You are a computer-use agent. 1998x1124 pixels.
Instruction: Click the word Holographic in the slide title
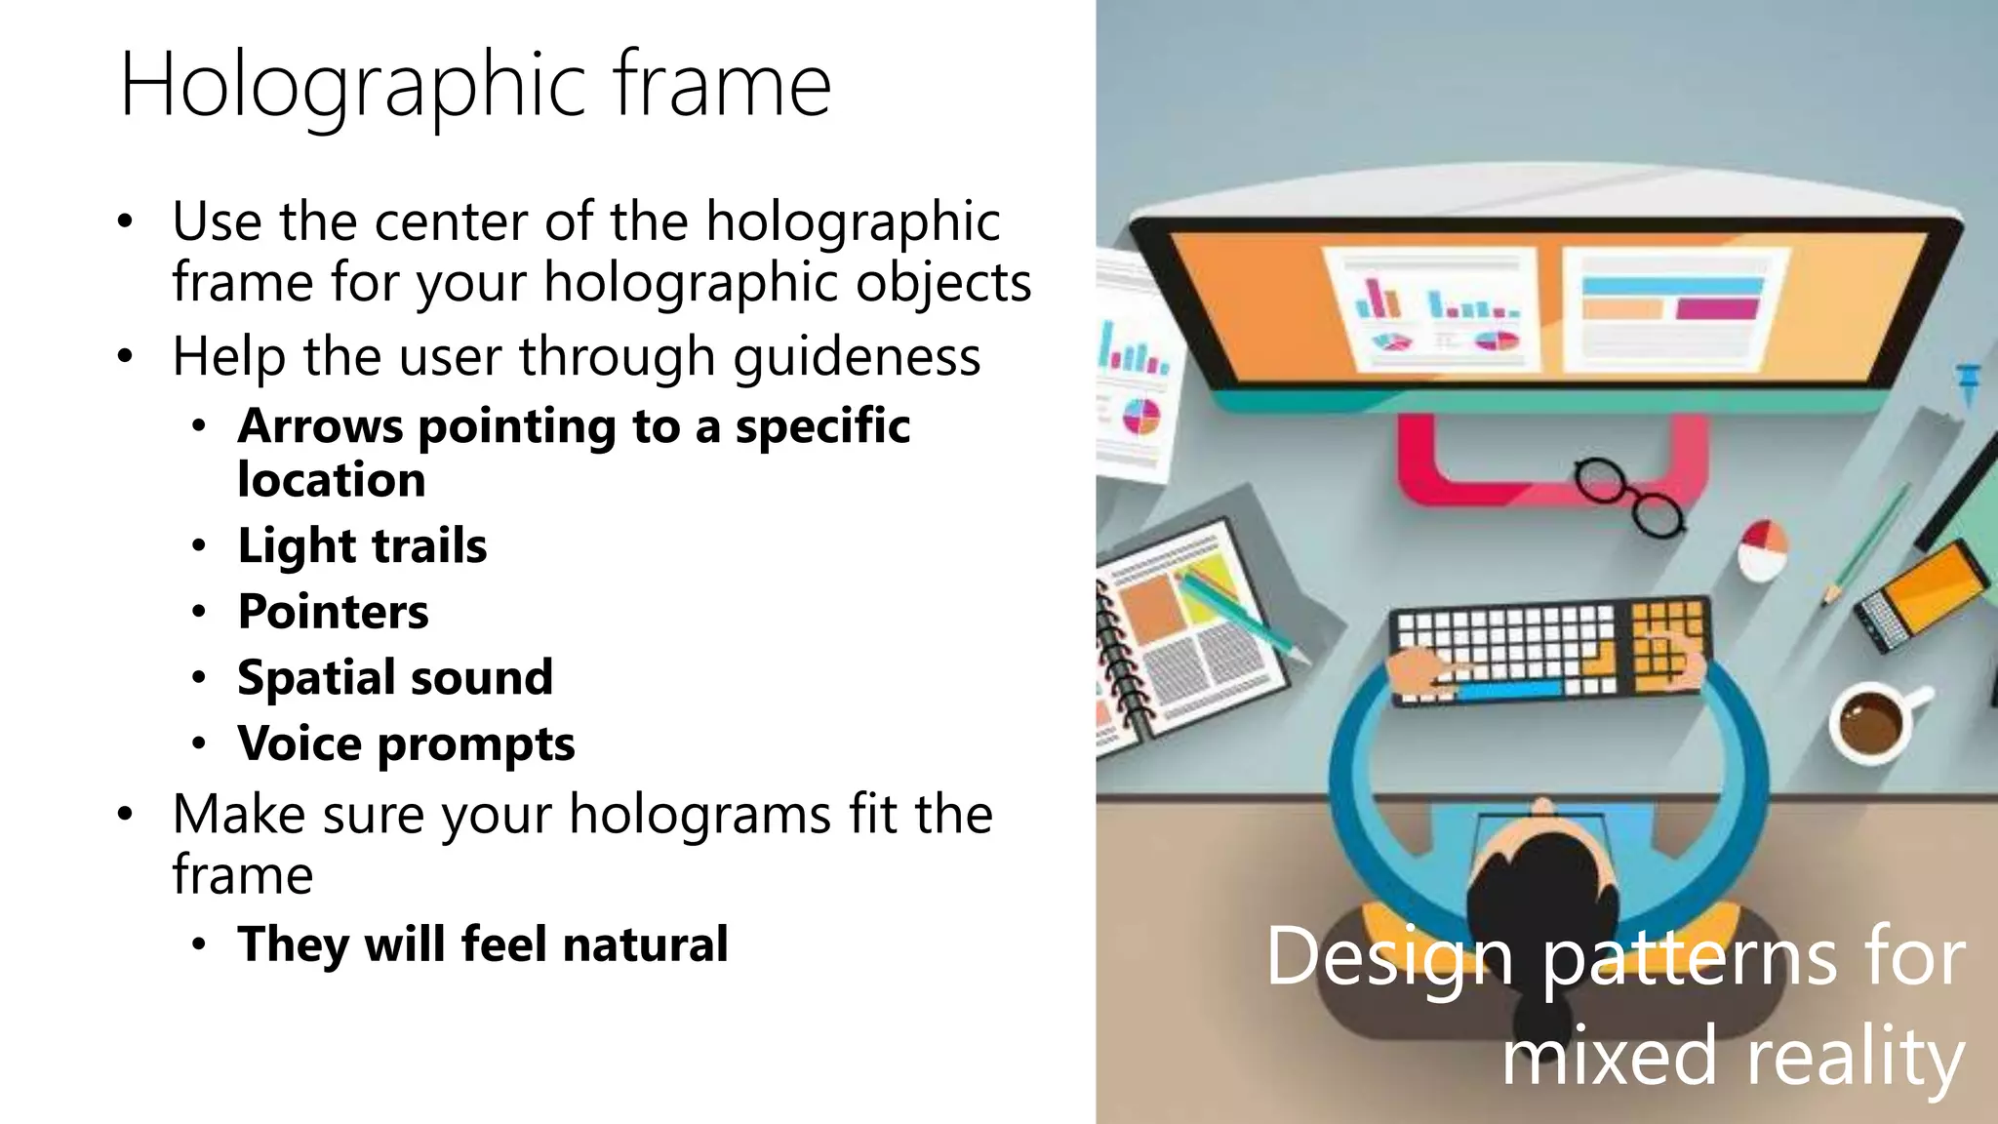(x=353, y=86)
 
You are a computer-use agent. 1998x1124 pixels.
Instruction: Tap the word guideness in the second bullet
(x=857, y=356)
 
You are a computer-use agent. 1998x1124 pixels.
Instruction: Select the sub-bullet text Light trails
(x=362, y=545)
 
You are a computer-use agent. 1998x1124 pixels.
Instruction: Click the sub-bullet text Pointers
(x=333, y=612)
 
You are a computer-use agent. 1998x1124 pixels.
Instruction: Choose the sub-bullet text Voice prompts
(x=406, y=744)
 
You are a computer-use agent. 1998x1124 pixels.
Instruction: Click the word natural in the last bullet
(x=645, y=944)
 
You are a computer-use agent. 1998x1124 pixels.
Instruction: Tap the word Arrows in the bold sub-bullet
(x=320, y=426)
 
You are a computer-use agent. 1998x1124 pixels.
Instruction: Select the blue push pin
(x=1967, y=381)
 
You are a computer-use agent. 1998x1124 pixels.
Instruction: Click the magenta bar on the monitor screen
(x=1717, y=310)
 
